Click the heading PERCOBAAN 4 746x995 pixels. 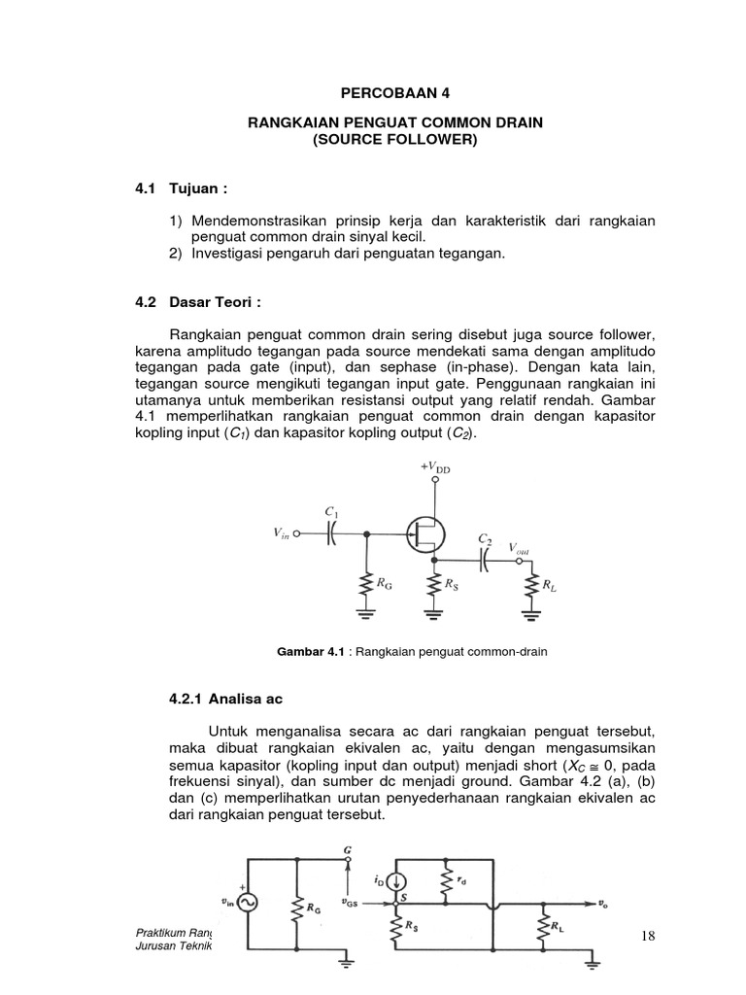tap(396, 93)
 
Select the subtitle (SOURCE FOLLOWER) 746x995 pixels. tap(395, 140)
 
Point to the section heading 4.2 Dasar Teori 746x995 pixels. tap(205, 302)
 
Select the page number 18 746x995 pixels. tap(649, 936)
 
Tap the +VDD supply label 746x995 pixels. tap(436, 468)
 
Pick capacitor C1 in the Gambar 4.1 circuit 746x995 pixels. tap(331, 533)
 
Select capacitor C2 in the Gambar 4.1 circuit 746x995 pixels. tap(483, 560)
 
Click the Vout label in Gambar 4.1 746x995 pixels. tap(520, 548)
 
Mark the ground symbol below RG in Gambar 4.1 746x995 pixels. tap(367, 614)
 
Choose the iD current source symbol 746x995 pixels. tap(396, 880)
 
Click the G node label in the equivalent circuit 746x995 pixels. tap(347, 849)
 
